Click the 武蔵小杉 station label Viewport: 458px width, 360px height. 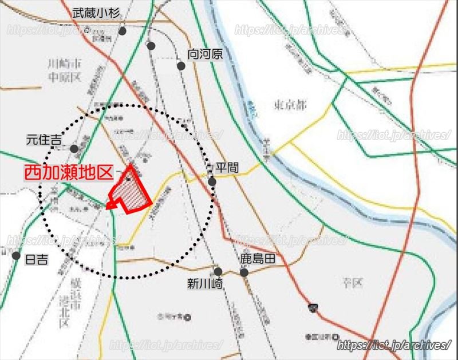(96, 12)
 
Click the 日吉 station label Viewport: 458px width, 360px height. (37, 259)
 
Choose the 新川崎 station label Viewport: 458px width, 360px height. (204, 283)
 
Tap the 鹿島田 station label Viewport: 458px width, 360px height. (258, 259)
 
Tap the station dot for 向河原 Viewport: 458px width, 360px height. (181, 66)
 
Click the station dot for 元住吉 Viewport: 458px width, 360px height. (74, 149)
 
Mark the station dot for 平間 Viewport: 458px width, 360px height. (212, 181)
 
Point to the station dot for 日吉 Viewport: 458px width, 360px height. (17, 256)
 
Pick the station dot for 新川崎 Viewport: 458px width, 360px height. (218, 271)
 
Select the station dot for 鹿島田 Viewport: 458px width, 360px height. (244, 272)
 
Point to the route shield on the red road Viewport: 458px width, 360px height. (313, 308)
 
